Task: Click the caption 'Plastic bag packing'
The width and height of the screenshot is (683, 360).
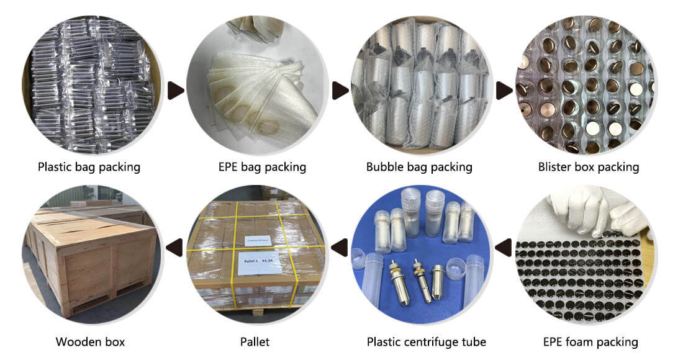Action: click(x=89, y=167)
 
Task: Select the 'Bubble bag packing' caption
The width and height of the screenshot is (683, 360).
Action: click(x=419, y=167)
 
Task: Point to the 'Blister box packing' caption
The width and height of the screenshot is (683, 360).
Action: click(x=588, y=167)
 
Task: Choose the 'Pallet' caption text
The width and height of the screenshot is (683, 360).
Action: click(x=255, y=342)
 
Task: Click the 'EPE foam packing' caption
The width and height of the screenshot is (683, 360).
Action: click(x=590, y=342)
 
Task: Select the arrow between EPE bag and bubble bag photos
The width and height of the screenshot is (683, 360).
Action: click(x=340, y=91)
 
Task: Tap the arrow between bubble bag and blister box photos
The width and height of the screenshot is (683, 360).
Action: click(x=504, y=91)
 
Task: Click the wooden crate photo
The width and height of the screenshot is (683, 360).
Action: click(x=91, y=253)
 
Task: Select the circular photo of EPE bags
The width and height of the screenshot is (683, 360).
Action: click(x=256, y=86)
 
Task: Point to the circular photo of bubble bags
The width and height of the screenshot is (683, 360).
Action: click(x=420, y=86)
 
